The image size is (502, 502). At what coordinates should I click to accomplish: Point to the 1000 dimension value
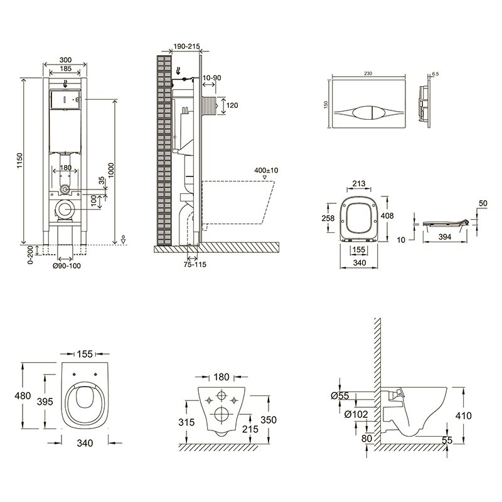110,168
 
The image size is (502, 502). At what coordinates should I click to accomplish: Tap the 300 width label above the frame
65,60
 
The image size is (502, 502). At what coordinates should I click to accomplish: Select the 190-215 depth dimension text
186,46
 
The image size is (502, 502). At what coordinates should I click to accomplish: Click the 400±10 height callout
267,170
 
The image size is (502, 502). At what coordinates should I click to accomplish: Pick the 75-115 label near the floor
194,264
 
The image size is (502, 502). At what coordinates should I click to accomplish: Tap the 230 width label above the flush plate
367,73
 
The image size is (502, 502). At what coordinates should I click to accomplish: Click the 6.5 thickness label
436,74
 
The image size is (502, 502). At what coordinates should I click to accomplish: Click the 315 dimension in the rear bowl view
186,422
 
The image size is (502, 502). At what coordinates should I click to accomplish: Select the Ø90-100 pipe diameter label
67,265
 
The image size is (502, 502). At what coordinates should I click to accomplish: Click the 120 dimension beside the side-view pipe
232,105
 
